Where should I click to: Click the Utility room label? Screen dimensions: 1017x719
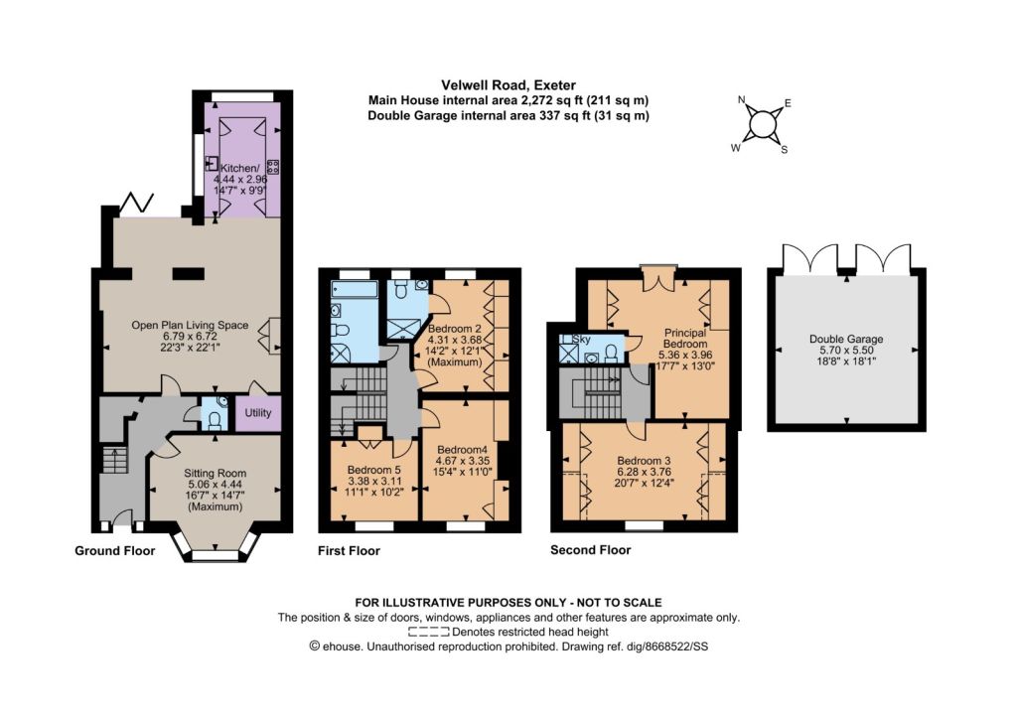[257, 413]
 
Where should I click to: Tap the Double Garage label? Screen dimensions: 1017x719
[846, 339]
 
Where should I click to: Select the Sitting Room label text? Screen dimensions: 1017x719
[215, 474]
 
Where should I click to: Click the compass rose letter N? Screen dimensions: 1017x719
[742, 100]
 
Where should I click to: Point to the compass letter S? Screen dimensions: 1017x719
[785, 150]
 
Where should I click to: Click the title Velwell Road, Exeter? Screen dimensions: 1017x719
[508, 85]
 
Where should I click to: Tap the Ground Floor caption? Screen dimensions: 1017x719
[115, 551]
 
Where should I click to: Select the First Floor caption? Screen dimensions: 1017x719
[349, 551]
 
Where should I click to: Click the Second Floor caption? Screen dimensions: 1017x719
[590, 550]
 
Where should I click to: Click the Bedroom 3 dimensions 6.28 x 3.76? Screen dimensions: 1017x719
[644, 472]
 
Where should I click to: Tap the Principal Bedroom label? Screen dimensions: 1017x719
[685, 338]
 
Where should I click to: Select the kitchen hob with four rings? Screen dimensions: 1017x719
[273, 167]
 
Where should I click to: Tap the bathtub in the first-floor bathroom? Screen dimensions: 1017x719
[355, 289]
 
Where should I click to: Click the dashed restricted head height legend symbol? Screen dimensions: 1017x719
[428, 633]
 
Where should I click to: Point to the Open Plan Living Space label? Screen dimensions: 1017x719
[190, 326]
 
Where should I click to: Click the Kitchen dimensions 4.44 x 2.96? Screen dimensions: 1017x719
[240, 180]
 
